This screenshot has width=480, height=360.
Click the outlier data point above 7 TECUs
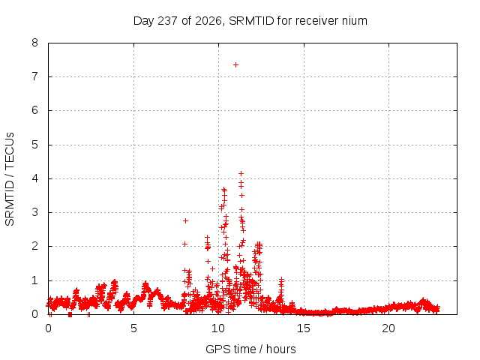point(235,65)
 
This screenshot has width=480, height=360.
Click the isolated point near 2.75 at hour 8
point(185,220)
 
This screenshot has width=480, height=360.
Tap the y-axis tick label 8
point(35,43)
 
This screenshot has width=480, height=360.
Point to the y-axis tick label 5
point(35,145)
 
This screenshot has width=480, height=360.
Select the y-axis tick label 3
point(35,212)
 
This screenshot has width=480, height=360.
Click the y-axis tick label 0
point(35,314)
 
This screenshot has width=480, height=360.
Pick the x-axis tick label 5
point(133,328)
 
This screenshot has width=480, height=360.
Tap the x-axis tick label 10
point(218,328)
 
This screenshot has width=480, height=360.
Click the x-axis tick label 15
point(303,328)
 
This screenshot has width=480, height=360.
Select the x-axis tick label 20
point(388,328)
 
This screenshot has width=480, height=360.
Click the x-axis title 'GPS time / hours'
point(250,349)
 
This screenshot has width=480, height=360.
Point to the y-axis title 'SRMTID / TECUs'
point(10,179)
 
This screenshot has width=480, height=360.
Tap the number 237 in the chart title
point(167,21)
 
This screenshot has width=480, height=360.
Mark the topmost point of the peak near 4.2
point(241,173)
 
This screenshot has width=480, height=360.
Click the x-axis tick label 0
point(48,328)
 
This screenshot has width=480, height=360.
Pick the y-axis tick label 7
point(35,76)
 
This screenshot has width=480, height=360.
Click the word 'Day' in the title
point(144,21)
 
